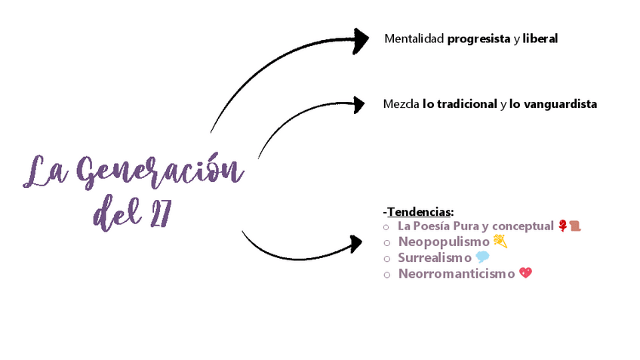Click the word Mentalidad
pyautogui.click(x=414, y=38)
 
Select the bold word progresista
pyautogui.click(x=478, y=38)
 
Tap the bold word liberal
pyautogui.click(x=540, y=38)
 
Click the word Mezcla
pyautogui.click(x=401, y=104)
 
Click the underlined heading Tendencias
pyautogui.click(x=420, y=212)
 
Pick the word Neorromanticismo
pyautogui.click(x=457, y=273)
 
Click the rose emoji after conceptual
pyautogui.click(x=562, y=226)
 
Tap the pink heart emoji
pyautogui.click(x=526, y=273)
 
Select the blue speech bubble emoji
pyautogui.click(x=483, y=257)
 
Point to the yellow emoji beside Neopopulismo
pyautogui.click(x=500, y=242)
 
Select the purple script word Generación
pyautogui.click(x=158, y=172)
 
